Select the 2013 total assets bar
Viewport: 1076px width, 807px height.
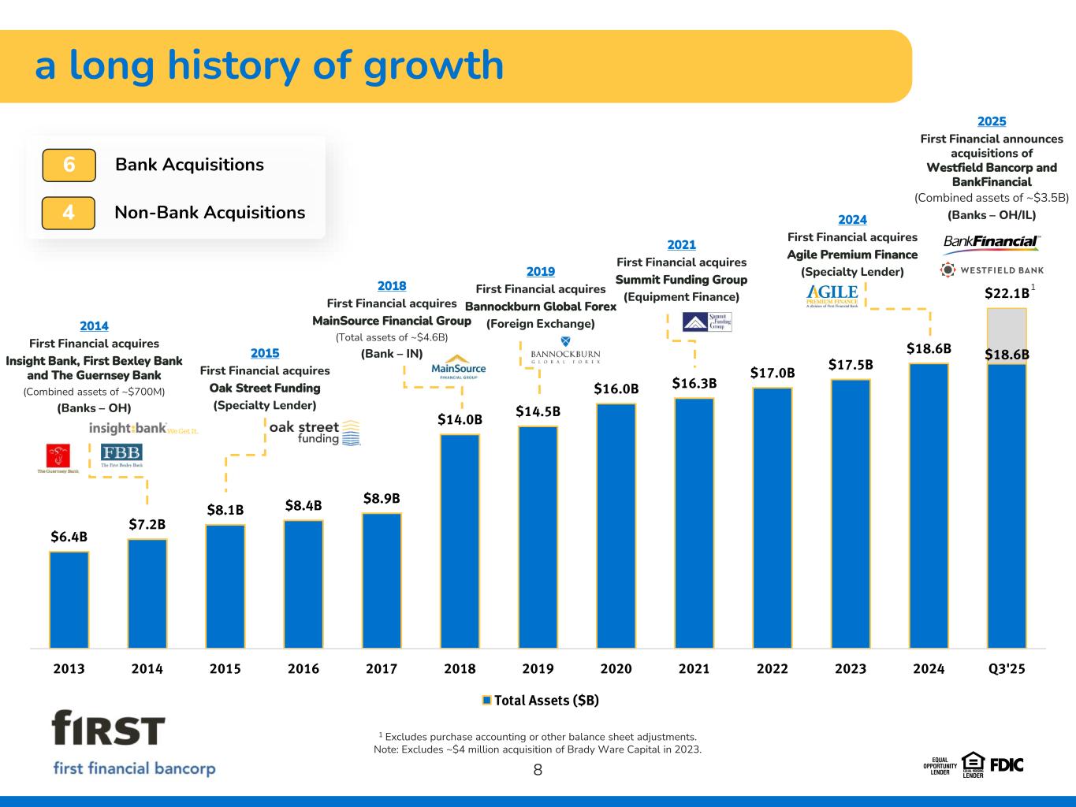69,599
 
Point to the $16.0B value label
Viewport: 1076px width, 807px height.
616,389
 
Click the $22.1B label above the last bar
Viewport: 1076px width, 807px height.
1007,293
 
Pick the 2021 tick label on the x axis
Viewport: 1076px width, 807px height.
694,669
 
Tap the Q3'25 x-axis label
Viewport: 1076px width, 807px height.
1007,669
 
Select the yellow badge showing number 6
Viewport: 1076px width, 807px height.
69,165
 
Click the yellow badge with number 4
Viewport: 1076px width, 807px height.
69,213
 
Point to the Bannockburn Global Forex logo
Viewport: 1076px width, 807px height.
565,351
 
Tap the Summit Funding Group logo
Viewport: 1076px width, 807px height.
707,322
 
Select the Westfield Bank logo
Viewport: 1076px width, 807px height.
993,270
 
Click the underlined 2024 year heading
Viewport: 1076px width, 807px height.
852,220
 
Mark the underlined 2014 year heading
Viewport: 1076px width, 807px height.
94,326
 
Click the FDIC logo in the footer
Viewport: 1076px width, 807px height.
1007,764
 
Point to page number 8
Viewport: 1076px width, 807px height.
538,770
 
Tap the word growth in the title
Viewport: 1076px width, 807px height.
433,65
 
